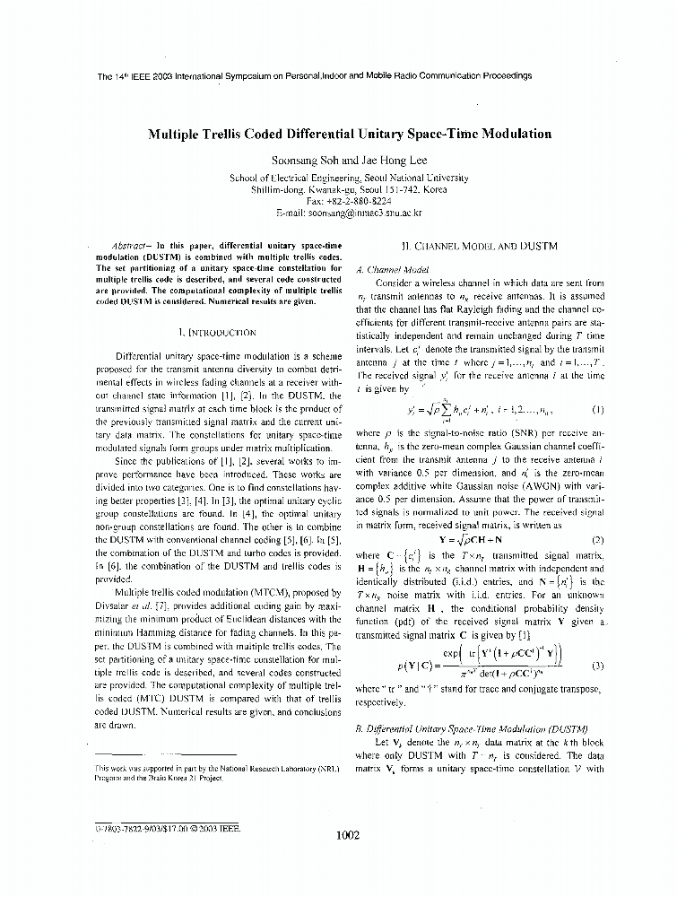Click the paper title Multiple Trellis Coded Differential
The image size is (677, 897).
pyautogui.click(x=349, y=134)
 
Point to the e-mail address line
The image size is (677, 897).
pyautogui.click(x=349, y=213)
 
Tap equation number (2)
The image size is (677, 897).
pyautogui.click(x=597, y=540)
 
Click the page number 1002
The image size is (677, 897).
pyautogui.click(x=347, y=835)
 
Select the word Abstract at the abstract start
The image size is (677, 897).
pyautogui.click(x=132, y=244)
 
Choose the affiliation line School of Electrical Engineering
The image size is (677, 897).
pyautogui.click(x=349, y=178)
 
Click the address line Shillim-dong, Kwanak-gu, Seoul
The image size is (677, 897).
pyautogui.click(x=349, y=190)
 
